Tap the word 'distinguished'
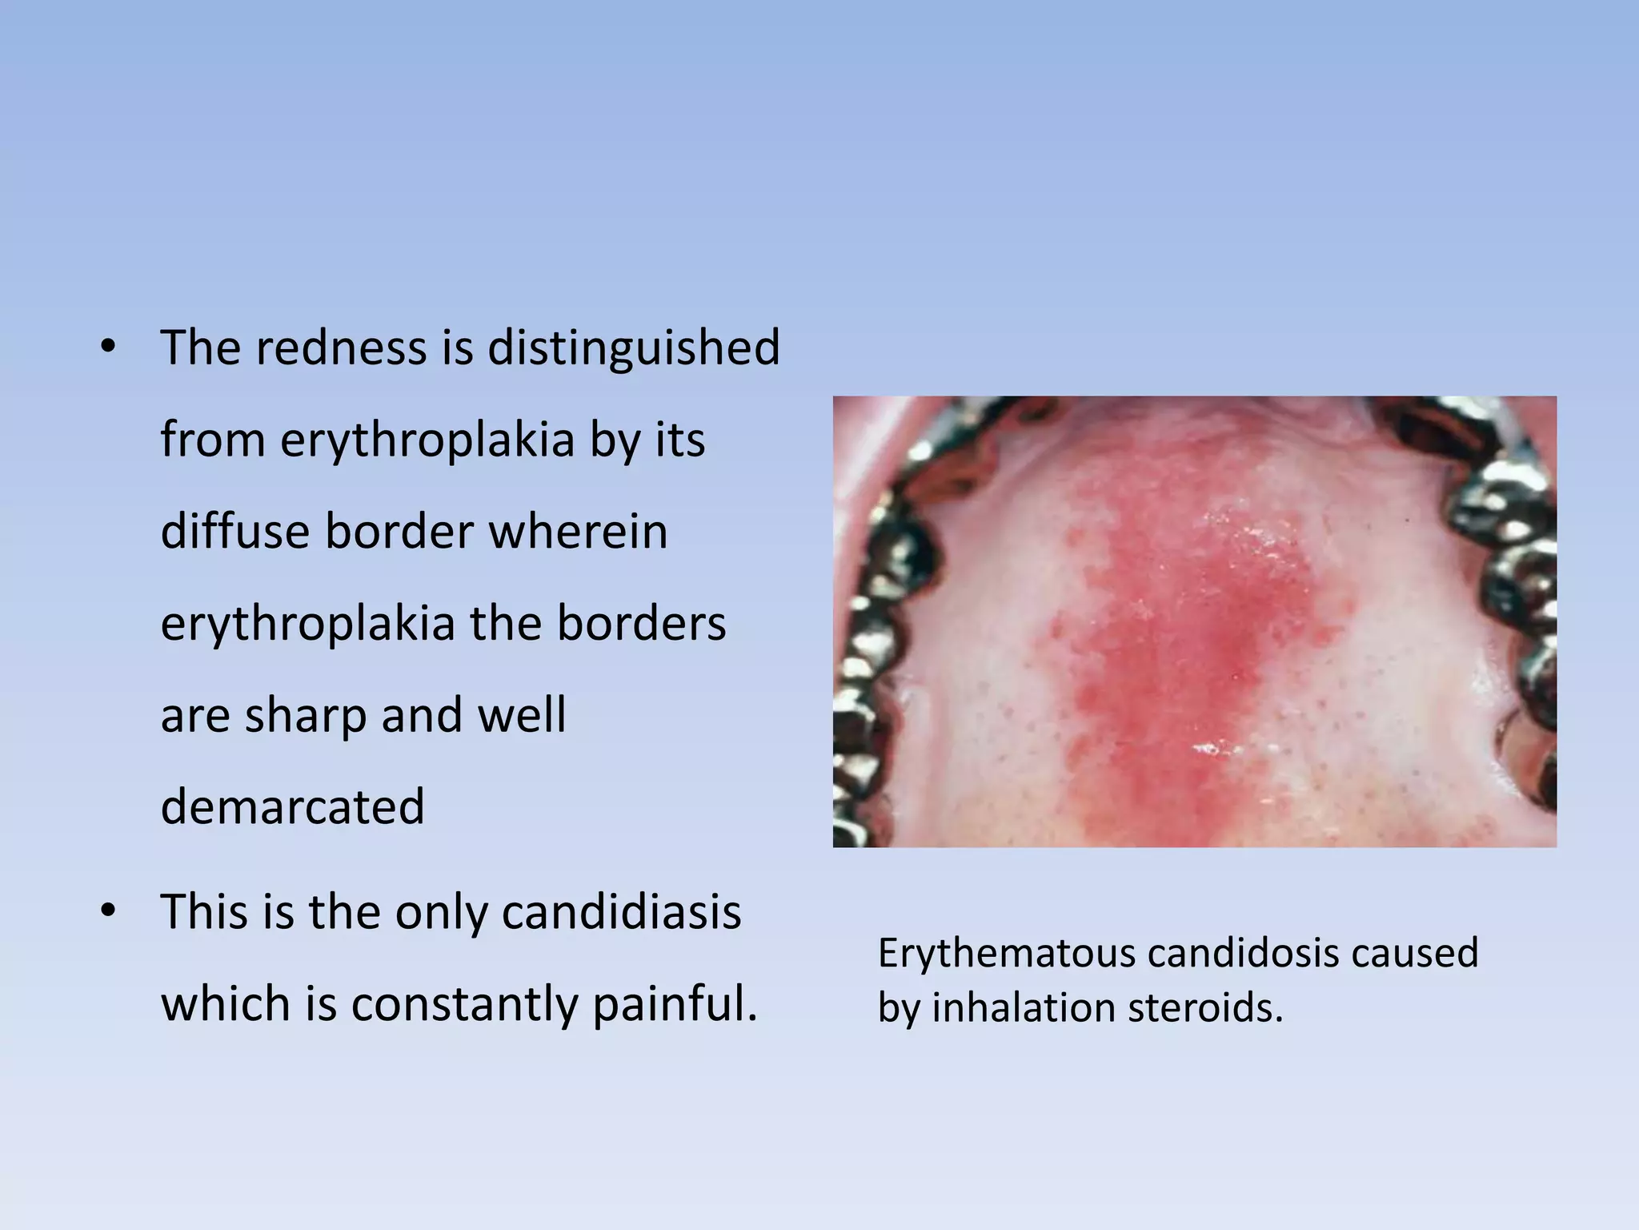pos(633,348)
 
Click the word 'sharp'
pos(305,715)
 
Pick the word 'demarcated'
pos(292,806)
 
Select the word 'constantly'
pos(464,1004)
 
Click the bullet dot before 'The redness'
pos(108,348)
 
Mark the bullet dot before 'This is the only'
pos(108,912)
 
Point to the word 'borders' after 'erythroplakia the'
pos(641,624)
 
